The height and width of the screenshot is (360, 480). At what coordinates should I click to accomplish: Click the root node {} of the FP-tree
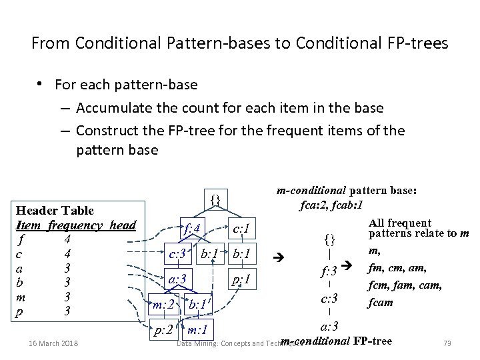214,199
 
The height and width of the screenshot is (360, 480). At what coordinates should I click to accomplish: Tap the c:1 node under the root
241,229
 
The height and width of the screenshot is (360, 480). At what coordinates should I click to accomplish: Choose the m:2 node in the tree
164,305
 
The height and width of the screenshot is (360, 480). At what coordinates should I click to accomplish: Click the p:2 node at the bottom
164,330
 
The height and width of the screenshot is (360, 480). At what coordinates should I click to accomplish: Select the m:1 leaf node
199,330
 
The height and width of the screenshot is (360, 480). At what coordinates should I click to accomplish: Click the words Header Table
55,211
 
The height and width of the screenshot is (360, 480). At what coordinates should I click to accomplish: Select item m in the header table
21,296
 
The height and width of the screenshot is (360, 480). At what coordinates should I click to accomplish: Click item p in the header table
21,311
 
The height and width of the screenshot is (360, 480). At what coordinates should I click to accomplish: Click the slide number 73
447,343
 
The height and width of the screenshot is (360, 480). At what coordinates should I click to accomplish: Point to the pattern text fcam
380,302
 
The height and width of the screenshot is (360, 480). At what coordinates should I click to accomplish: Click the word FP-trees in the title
415,44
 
